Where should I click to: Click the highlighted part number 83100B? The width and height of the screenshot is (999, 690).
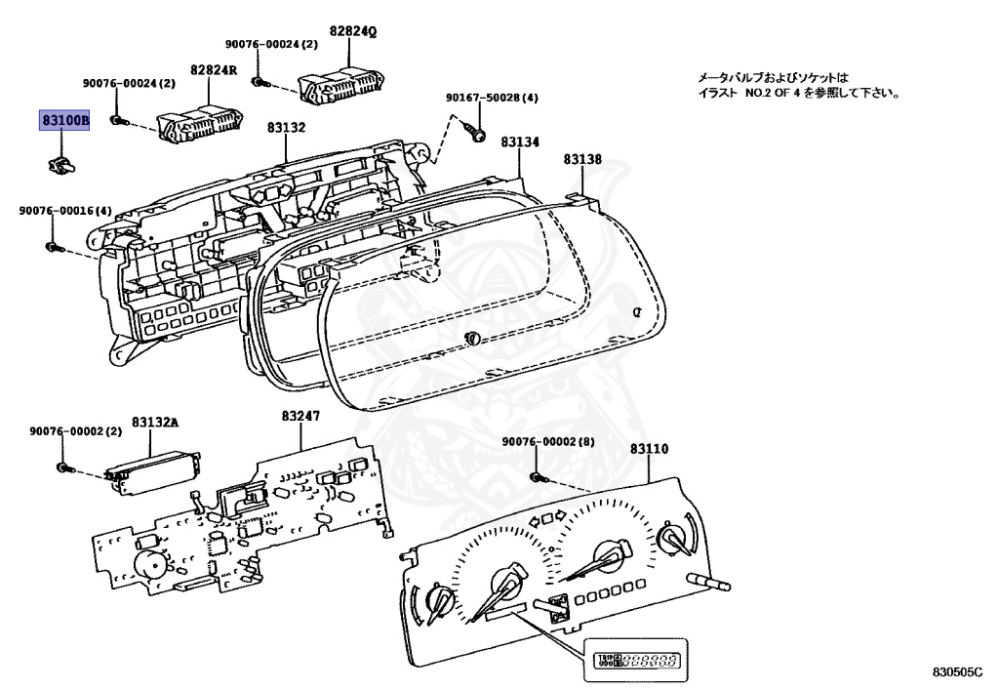(64, 120)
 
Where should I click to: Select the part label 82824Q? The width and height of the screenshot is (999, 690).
(353, 31)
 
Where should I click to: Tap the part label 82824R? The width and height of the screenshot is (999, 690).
(214, 69)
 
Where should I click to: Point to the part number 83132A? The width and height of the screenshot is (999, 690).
(155, 422)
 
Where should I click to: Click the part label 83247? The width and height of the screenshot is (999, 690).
(300, 416)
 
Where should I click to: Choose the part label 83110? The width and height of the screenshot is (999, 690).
(649, 449)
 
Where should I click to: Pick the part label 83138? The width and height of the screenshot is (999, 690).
(582, 159)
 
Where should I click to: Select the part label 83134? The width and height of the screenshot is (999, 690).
(520, 142)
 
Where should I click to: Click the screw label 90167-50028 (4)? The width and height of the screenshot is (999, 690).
(492, 98)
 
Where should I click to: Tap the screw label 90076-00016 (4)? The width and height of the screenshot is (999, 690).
(65, 210)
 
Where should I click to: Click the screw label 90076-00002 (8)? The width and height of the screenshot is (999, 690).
(548, 441)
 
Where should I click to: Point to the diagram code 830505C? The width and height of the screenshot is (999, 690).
(958, 671)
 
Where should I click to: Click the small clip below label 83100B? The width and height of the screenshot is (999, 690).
(61, 164)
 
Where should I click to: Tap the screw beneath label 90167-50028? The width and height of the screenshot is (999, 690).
(476, 135)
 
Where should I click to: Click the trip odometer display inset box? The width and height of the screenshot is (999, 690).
(636, 660)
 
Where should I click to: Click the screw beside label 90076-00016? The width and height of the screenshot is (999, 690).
(53, 247)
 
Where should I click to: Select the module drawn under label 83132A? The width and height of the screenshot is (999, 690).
(153, 471)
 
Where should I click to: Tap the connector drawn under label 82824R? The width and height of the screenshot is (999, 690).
(201, 126)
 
